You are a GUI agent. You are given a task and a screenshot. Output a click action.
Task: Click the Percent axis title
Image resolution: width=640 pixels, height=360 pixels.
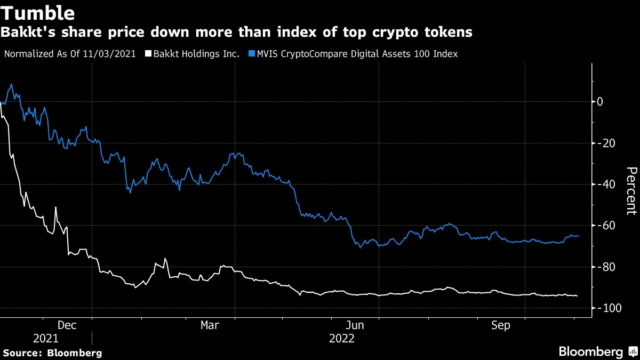click(x=631, y=190)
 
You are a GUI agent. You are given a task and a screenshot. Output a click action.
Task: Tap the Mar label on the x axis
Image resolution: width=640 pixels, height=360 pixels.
click(x=209, y=325)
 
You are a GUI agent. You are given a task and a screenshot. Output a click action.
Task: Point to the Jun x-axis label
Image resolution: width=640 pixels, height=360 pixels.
click(x=355, y=325)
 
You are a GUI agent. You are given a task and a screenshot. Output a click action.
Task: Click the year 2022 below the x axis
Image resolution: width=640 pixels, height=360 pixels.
click(x=341, y=338)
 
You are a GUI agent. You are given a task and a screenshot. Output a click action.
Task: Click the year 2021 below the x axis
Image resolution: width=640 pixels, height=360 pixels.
click(x=46, y=338)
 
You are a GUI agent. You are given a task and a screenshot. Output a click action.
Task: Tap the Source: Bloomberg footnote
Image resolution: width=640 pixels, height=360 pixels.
click(x=52, y=353)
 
